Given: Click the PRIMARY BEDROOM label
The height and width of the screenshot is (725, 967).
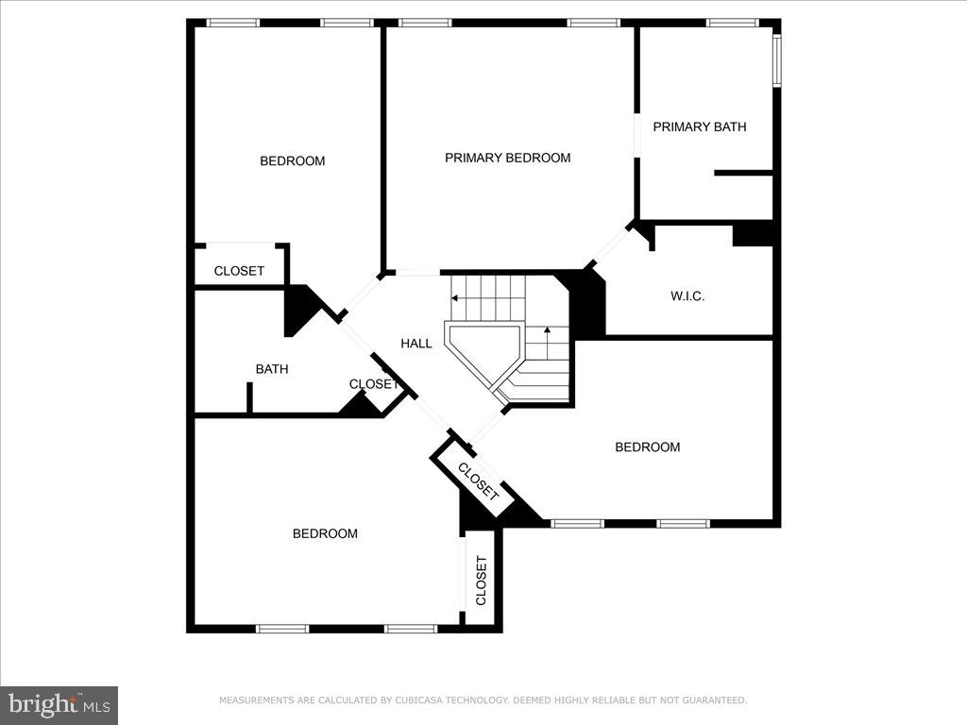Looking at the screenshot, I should (x=507, y=158).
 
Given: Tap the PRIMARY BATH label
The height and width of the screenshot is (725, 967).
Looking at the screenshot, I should (x=699, y=126).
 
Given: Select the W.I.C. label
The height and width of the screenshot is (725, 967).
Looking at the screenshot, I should (x=687, y=296).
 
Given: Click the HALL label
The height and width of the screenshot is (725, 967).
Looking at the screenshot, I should (x=416, y=344).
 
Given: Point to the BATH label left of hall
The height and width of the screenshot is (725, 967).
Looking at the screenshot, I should (x=271, y=369).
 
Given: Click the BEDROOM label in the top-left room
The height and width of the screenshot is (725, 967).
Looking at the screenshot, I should (x=292, y=161).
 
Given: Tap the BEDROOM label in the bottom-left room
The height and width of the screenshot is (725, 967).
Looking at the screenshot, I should (x=325, y=533).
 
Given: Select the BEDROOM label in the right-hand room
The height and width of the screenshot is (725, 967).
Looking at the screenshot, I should (x=647, y=447).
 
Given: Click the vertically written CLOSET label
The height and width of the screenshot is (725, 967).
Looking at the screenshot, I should (x=481, y=581).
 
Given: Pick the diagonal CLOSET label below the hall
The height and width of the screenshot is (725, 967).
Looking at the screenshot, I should (x=478, y=481).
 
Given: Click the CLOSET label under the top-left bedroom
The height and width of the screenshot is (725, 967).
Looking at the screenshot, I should (x=239, y=271).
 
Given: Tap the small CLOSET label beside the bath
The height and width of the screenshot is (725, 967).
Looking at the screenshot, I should (x=372, y=384).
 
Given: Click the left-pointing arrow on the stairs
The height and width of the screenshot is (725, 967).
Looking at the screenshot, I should (x=456, y=298).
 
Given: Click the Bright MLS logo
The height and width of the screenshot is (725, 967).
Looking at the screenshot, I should (x=59, y=704).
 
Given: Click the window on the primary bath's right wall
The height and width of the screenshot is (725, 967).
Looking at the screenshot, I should (x=776, y=60).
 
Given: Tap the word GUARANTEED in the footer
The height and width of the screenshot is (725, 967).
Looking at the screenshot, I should (x=713, y=700).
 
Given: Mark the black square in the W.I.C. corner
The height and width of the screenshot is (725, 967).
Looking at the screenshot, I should (x=753, y=233).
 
